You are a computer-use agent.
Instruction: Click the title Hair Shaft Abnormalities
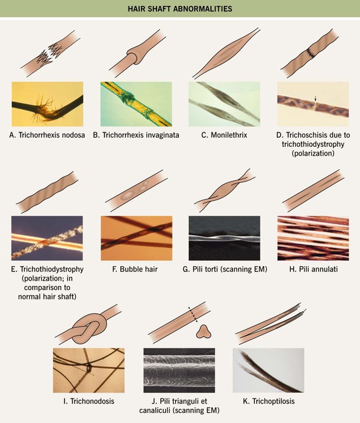pyautogui.click(x=180, y=9)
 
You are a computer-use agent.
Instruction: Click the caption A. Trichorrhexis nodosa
pyautogui.click(x=47, y=135)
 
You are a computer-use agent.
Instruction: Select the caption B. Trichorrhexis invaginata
pyautogui.click(x=136, y=135)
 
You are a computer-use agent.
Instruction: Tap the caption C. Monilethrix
pyautogui.click(x=224, y=135)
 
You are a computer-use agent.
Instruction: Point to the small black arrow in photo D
pyautogui.click(x=315, y=98)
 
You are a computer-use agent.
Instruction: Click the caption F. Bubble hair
pyautogui.click(x=135, y=269)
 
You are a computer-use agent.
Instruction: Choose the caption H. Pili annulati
pyautogui.click(x=313, y=269)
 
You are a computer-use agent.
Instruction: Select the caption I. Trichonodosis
pyautogui.click(x=89, y=401)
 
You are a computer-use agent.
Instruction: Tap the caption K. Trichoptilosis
pyautogui.click(x=269, y=401)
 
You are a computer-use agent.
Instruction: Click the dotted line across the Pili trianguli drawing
pyautogui.click(x=193, y=315)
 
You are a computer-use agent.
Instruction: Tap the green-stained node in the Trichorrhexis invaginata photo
pyautogui.click(x=126, y=96)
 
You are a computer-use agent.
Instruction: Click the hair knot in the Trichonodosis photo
pyautogui.click(x=89, y=368)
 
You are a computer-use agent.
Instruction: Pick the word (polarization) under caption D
pyautogui.click(x=313, y=153)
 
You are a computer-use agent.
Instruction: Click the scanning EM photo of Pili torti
pyautogui.click(x=224, y=238)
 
